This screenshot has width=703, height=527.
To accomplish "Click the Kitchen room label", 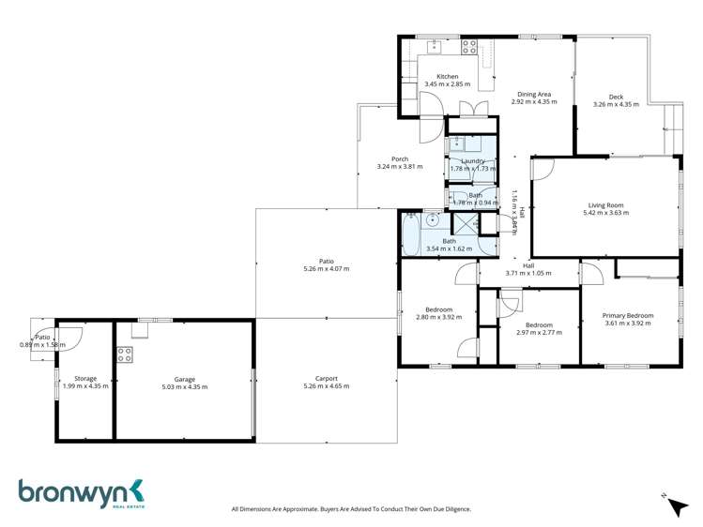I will tap(447, 77).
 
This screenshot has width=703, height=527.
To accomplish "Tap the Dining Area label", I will tap(534, 94).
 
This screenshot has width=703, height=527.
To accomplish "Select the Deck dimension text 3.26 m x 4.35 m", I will tap(616, 104).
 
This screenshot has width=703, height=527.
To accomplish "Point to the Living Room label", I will tap(605, 205).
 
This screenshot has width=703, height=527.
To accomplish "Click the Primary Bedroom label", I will tap(627, 316).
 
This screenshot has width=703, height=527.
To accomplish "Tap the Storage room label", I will tap(85, 379).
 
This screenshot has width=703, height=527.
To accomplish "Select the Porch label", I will tap(400, 158).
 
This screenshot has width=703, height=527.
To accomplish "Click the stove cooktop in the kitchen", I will tap(468, 47).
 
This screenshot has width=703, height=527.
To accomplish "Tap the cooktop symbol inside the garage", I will tap(125, 354).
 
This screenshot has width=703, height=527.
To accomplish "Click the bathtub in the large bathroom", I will tap(411, 233).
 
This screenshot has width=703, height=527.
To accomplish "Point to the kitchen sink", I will tap(435, 46).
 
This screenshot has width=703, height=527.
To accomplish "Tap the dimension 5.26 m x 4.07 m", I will tap(326, 269).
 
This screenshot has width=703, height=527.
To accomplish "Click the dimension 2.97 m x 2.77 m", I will tap(539, 333).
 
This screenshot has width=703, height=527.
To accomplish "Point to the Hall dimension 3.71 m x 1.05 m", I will tap(528, 273).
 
